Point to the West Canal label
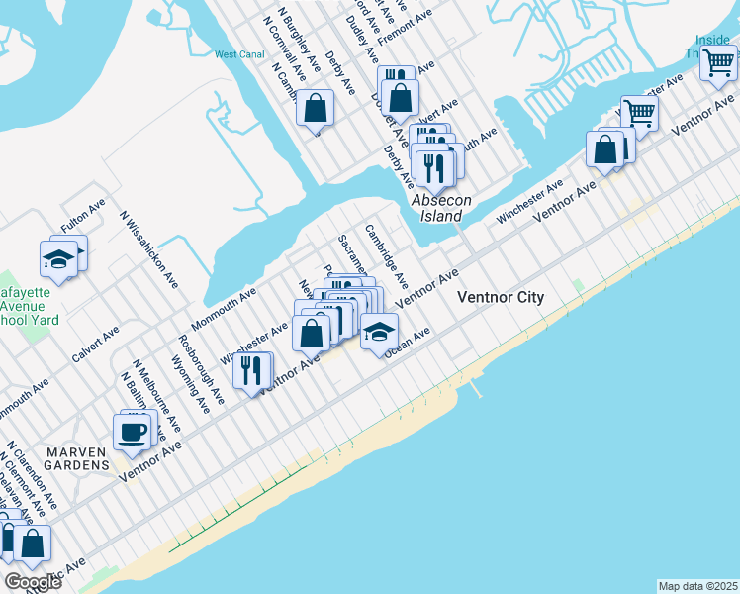click(238, 54)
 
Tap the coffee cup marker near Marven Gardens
click(132, 432)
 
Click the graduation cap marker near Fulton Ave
click(58, 259)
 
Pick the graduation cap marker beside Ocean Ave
click(378, 333)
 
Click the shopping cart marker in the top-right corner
click(718, 62)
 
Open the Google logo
click(33, 582)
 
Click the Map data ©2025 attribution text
click(696, 586)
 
